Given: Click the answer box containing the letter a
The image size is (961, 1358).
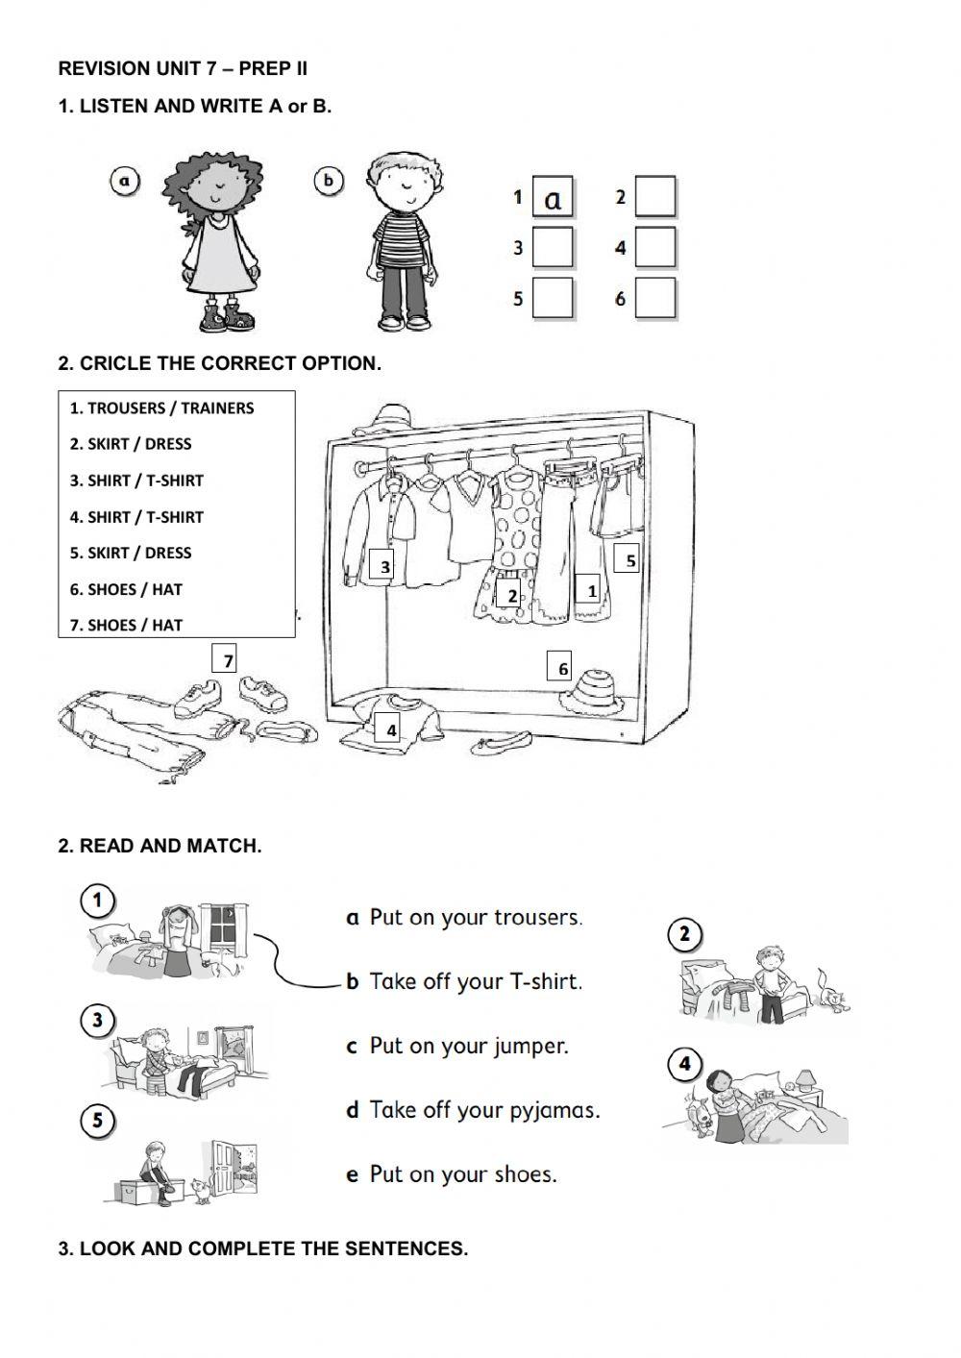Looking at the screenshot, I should click(553, 198).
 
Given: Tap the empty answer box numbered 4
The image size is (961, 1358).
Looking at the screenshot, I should click(655, 248).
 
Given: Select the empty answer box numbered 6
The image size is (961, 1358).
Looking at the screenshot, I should click(655, 299).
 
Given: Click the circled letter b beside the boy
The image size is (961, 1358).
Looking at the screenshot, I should click(329, 181).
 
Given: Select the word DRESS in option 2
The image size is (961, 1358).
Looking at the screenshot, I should click(168, 444).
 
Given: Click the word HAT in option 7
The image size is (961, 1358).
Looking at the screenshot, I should click(166, 625).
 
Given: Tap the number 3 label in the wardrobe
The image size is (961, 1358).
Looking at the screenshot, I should click(384, 567).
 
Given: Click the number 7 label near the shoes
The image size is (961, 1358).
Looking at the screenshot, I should click(227, 660).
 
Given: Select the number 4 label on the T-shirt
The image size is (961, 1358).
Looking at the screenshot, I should click(390, 730).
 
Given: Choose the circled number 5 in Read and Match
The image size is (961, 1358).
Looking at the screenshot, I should click(97, 1121).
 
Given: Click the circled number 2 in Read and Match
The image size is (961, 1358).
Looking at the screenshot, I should click(683, 934).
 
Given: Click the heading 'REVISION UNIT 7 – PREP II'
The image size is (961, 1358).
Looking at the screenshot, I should click(183, 68).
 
